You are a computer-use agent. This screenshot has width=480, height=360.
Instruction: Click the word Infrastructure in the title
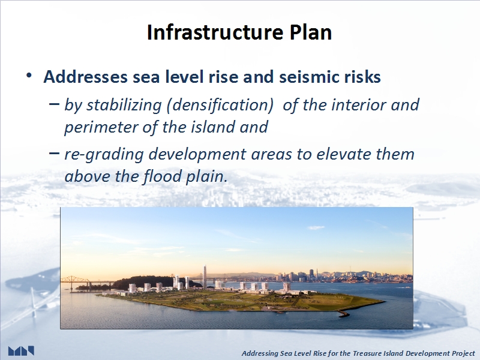[215, 32]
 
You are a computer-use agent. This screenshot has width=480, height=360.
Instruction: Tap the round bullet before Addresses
[29, 76]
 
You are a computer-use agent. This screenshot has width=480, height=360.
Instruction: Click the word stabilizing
[124, 106]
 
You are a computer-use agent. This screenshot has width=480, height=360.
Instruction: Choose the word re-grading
[104, 154]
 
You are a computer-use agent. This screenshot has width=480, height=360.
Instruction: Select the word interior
[358, 104]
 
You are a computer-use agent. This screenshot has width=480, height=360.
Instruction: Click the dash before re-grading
[54, 153]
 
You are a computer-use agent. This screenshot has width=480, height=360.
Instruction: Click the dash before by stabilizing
[54, 104]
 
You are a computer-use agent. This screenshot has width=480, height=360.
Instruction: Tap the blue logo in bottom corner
[21, 351]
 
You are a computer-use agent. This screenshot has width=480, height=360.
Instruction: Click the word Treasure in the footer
[365, 353]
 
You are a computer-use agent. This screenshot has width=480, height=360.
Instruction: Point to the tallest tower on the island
[205, 277]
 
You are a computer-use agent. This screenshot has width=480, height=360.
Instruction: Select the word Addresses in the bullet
[85, 77]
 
